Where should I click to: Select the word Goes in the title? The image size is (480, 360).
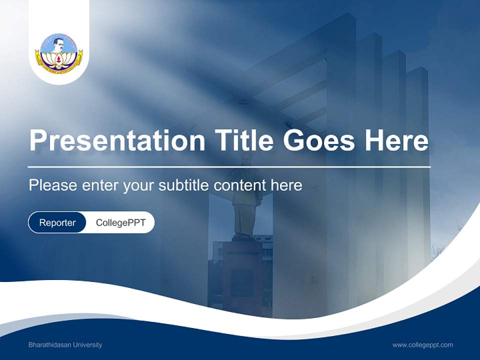coord(320,140)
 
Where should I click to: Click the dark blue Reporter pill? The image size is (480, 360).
coord(57,222)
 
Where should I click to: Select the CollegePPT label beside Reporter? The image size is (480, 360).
coord(120,222)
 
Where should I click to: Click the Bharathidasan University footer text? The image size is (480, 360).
coord(65,345)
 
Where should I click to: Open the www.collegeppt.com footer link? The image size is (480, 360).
coord(422,345)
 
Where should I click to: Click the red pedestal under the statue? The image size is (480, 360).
coord(242,275)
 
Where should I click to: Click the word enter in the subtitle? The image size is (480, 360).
coord(100,185)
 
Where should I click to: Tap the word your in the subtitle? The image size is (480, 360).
coord(139,185)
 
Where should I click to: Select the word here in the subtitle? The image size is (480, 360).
coord(286,185)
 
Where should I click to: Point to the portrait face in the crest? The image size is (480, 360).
coord(59,43)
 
